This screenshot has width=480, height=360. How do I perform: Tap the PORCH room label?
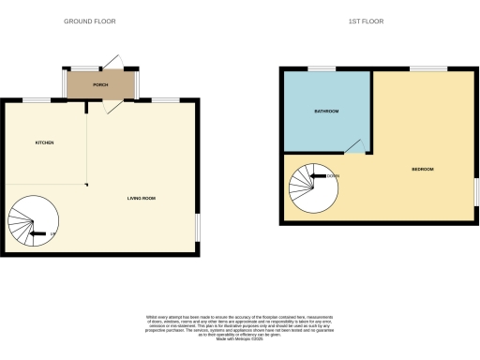click(x=100, y=85)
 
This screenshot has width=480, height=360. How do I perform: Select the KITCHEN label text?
click(x=44, y=142)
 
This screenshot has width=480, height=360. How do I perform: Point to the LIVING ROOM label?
click(x=142, y=198)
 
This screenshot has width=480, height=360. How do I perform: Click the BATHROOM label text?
click(x=325, y=111)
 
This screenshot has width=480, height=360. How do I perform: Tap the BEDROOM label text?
click(x=423, y=169)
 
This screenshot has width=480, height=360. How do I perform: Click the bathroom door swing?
click(x=353, y=145)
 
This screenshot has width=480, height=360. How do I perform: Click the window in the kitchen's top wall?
click(x=37, y=100)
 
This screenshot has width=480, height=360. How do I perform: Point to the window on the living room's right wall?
click(x=198, y=227)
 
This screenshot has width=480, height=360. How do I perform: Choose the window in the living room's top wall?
click(x=166, y=100)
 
